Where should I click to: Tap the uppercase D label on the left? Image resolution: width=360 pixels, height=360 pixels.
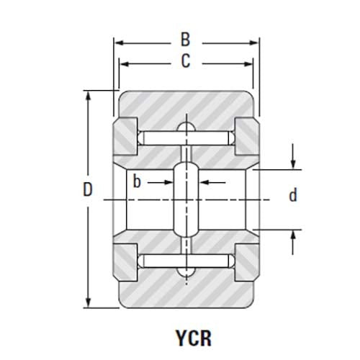87,191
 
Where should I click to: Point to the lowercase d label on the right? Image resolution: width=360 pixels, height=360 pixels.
292,195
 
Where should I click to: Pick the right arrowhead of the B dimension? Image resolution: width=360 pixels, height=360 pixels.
254,43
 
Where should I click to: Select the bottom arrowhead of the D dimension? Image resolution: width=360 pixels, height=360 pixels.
88,303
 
